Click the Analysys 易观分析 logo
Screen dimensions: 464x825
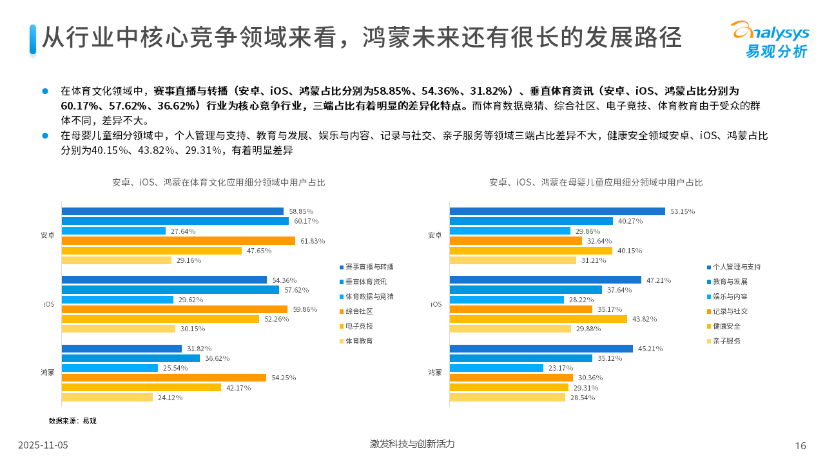(x=769, y=39)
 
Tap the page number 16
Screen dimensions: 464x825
(x=801, y=445)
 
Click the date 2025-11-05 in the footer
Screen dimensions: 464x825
(x=43, y=445)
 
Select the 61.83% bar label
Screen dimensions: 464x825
(x=313, y=241)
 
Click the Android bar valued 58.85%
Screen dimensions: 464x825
(x=172, y=211)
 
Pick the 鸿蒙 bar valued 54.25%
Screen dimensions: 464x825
(x=164, y=378)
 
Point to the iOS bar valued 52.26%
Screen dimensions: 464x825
(x=160, y=319)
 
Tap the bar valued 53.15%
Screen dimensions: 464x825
(x=557, y=211)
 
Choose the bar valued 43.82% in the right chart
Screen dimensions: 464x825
(x=538, y=319)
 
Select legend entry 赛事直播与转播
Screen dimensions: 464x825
(x=369, y=267)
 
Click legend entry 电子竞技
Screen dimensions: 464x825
(x=359, y=326)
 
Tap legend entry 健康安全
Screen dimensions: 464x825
(x=726, y=326)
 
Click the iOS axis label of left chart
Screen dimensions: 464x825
(x=49, y=304)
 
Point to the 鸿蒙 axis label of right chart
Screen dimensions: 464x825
(x=435, y=372)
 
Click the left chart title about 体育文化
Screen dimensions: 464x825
(x=218, y=182)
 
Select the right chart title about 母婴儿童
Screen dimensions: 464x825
(x=596, y=182)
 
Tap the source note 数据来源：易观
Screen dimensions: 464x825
(x=72, y=421)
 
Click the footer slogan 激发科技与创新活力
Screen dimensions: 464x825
(x=412, y=444)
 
